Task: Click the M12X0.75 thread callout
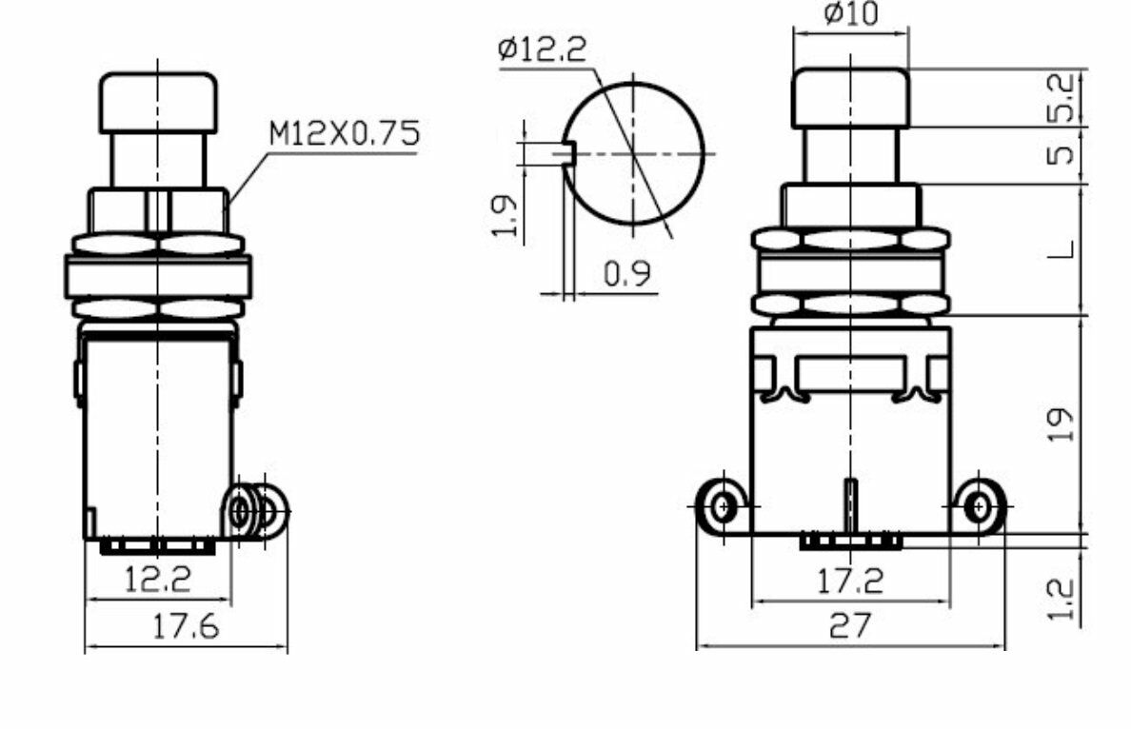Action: point(344,134)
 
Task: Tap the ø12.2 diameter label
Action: point(542,49)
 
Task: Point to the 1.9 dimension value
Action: point(507,216)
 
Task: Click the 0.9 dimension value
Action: point(627,274)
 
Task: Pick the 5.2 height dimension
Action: point(1065,97)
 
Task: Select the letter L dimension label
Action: point(1065,249)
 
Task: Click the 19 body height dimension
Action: point(1065,424)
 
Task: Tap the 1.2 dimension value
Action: point(1065,600)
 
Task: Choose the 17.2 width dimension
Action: point(850,581)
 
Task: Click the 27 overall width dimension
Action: point(850,626)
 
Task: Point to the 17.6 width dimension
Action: point(187,626)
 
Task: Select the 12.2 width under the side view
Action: point(158,578)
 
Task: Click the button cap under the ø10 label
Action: point(850,97)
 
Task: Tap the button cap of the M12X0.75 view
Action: point(158,102)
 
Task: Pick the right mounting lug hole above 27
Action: point(978,505)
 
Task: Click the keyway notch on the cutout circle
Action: point(568,152)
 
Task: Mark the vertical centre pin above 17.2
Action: point(850,505)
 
